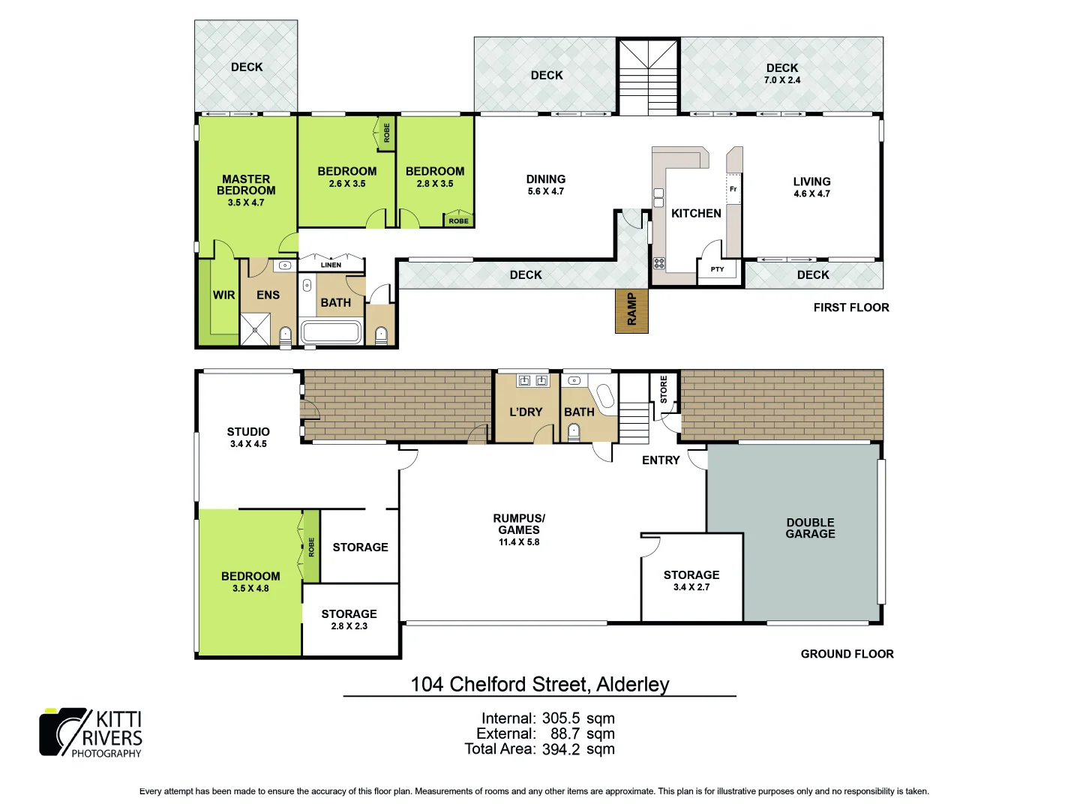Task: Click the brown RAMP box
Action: click(x=631, y=310)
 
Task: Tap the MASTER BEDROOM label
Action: click(x=246, y=184)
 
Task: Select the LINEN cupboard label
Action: click(x=331, y=265)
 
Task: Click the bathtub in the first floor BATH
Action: click(x=331, y=331)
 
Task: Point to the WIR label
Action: click(x=223, y=295)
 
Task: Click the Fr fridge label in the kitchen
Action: click(x=733, y=189)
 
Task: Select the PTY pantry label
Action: click(x=717, y=269)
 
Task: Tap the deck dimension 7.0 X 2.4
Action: click(x=782, y=80)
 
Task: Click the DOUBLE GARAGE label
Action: click(x=810, y=528)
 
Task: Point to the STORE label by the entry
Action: click(x=664, y=389)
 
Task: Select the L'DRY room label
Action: click(x=526, y=412)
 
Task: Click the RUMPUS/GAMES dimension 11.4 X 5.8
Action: click(x=519, y=542)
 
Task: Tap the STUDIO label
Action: click(x=248, y=432)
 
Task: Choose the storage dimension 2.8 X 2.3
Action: click(x=349, y=626)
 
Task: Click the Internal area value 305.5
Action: click(x=561, y=718)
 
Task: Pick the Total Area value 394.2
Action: click(x=561, y=749)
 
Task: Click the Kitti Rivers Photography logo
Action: click(x=91, y=733)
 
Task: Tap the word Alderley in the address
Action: click(x=632, y=685)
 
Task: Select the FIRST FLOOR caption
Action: click(x=851, y=307)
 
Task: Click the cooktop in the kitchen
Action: click(x=659, y=263)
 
